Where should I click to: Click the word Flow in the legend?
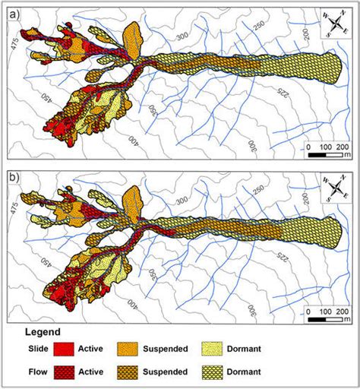click(x=24, y=372)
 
